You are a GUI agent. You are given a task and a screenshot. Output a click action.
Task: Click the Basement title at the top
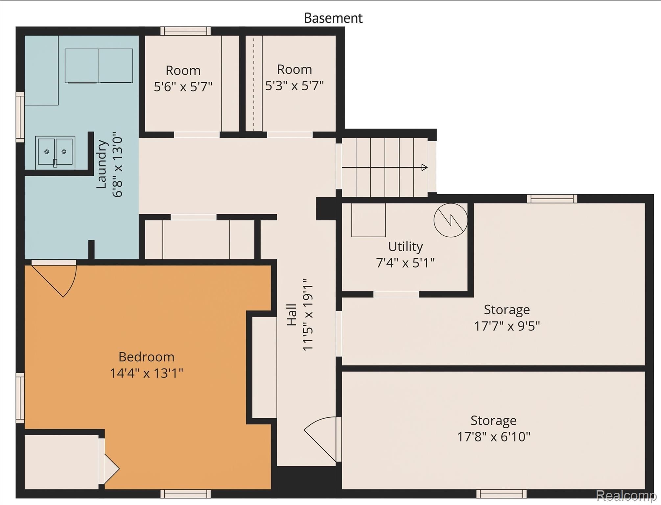pyautogui.click(x=333, y=18)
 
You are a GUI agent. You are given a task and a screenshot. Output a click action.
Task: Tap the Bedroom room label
pyautogui.click(x=146, y=357)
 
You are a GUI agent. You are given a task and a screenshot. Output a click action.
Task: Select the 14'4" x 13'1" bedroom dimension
pyautogui.click(x=146, y=373)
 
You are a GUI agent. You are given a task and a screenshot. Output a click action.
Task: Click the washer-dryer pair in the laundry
pyautogui.click(x=99, y=66)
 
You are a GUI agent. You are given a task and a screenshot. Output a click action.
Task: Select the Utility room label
pyautogui.click(x=405, y=247)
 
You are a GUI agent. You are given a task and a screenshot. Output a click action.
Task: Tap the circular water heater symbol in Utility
pyautogui.click(x=450, y=220)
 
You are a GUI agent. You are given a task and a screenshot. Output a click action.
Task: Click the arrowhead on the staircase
pyautogui.click(x=424, y=167)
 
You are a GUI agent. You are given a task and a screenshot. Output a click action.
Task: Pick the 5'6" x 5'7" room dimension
pyautogui.click(x=183, y=87)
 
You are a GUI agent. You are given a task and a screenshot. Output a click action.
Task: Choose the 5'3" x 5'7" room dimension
pyautogui.click(x=294, y=86)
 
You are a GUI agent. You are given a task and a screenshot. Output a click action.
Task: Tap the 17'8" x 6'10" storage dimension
pyautogui.click(x=493, y=437)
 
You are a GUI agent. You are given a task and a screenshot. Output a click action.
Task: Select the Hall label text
pyautogui.click(x=292, y=315)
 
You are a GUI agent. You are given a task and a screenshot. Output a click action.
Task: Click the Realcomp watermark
pyautogui.click(x=626, y=495)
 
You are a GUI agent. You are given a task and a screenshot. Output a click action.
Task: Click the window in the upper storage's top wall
pyautogui.click(x=552, y=199)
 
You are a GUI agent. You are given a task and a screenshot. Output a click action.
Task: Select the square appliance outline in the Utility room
pyautogui.click(x=368, y=220)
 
